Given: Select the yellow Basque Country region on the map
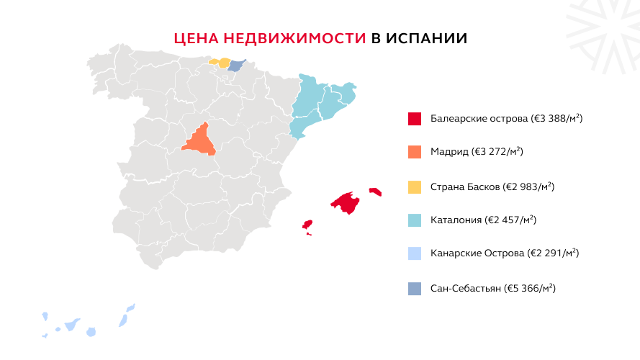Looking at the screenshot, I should click(222, 63).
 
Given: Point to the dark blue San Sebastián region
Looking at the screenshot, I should click(237, 66).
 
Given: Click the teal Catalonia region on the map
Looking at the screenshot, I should click(320, 102).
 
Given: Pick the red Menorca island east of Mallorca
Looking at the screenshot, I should click(375, 192).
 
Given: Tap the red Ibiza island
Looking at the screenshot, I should click(307, 224).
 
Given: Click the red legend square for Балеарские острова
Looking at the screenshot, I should click(414, 119).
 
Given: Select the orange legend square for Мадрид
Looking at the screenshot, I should click(414, 152).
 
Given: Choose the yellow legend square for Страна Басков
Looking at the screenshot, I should click(414, 186).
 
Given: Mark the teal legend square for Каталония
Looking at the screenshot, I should click(414, 220).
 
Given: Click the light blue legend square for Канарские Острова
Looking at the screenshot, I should click(414, 254).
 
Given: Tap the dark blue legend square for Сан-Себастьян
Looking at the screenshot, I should click(414, 288).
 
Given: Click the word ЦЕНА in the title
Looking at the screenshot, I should click(196, 38).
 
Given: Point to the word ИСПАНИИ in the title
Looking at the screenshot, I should click(426, 38).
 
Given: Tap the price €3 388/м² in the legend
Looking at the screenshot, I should click(557, 119).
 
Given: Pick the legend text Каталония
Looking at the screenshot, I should click(456, 220).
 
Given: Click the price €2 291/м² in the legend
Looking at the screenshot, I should click(554, 254).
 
